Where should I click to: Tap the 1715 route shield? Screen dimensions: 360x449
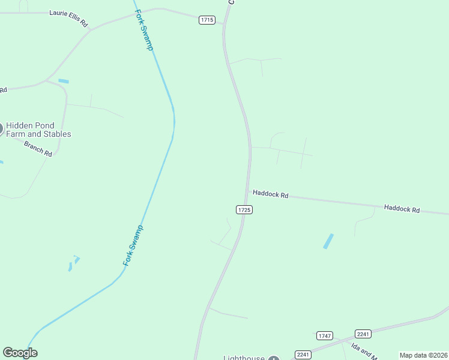(x=207, y=20)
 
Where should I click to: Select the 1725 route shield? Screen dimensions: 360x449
(x=244, y=209)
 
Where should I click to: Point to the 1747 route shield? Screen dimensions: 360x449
(x=325, y=336)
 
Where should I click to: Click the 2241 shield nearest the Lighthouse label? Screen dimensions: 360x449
(x=303, y=355)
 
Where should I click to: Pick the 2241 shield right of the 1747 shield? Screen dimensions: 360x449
(x=363, y=334)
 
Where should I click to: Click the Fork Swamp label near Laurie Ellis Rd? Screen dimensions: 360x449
(x=144, y=30)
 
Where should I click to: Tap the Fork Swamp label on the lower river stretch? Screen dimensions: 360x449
(x=133, y=245)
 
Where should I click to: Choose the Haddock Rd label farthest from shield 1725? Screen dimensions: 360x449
(x=402, y=209)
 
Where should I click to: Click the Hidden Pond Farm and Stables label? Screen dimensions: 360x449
(x=38, y=130)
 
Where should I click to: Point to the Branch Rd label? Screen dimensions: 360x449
(x=38, y=148)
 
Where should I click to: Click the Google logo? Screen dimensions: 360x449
(x=20, y=353)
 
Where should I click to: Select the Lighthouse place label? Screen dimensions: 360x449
(x=244, y=358)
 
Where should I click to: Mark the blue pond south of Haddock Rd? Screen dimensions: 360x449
(x=328, y=241)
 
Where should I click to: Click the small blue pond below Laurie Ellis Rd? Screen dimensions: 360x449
(x=64, y=81)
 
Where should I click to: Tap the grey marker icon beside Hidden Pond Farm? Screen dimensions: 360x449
(x=1, y=128)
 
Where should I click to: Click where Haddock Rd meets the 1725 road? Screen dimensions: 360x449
(x=248, y=192)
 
